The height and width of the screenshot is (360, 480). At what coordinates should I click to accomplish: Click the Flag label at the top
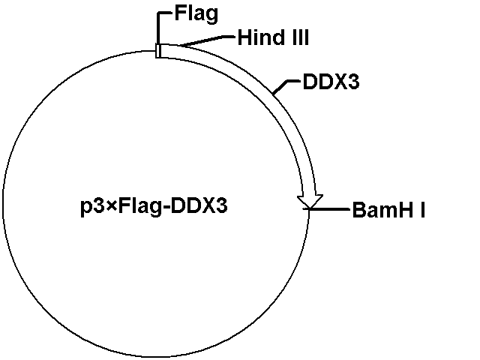(196, 14)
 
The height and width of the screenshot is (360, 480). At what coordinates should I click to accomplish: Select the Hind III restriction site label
(273, 37)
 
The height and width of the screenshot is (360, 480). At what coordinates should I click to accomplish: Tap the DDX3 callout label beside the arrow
(331, 82)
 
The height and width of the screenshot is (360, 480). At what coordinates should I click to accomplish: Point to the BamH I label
(388, 209)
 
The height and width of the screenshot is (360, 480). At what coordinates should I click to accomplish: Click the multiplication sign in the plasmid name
(112, 205)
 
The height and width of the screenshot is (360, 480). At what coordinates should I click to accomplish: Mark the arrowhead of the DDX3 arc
(310, 202)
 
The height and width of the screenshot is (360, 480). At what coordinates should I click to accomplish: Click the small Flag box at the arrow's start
(158, 50)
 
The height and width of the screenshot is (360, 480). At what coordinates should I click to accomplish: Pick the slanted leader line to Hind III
(208, 41)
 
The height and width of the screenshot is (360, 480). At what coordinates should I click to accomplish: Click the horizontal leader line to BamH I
(329, 209)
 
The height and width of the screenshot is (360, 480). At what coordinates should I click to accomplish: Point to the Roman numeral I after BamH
(423, 209)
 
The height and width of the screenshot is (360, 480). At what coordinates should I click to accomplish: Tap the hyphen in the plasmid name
(165, 207)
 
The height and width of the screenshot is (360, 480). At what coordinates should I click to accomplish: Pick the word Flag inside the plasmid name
(139, 207)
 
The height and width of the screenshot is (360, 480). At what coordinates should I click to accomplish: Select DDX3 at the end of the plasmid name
(199, 205)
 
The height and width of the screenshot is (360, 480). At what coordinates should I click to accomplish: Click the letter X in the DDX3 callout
(340, 82)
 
